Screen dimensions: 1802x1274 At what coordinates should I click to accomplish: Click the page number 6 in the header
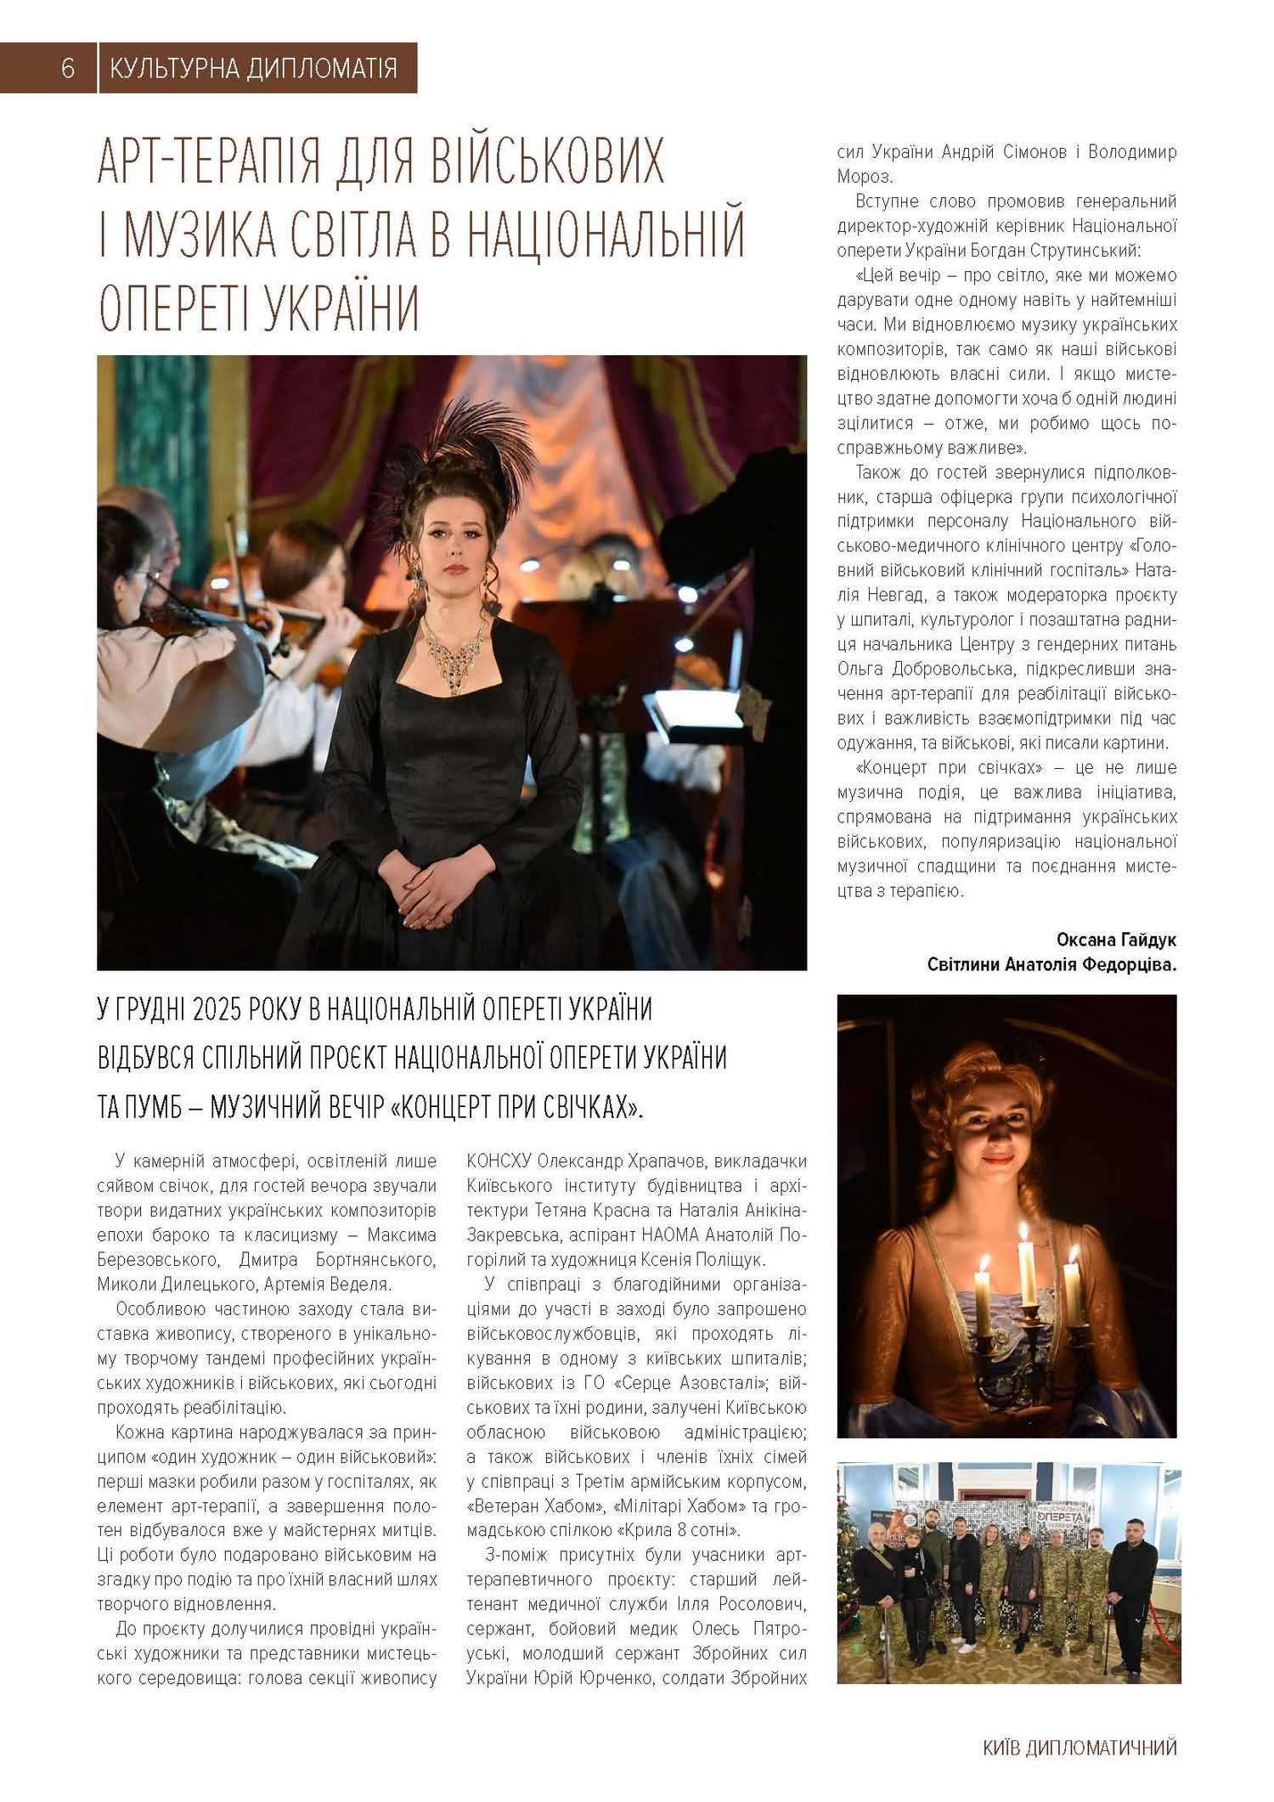pyautogui.click(x=68, y=68)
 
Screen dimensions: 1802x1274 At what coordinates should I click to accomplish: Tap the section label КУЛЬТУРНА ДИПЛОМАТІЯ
pyautogui.click(x=253, y=68)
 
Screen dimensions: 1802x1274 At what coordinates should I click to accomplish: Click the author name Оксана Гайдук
pyautogui.click(x=1116, y=940)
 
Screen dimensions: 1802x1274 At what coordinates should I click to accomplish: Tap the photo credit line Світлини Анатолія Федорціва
pyautogui.click(x=1051, y=964)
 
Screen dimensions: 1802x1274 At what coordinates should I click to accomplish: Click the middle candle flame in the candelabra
pyautogui.click(x=1023, y=1233)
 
